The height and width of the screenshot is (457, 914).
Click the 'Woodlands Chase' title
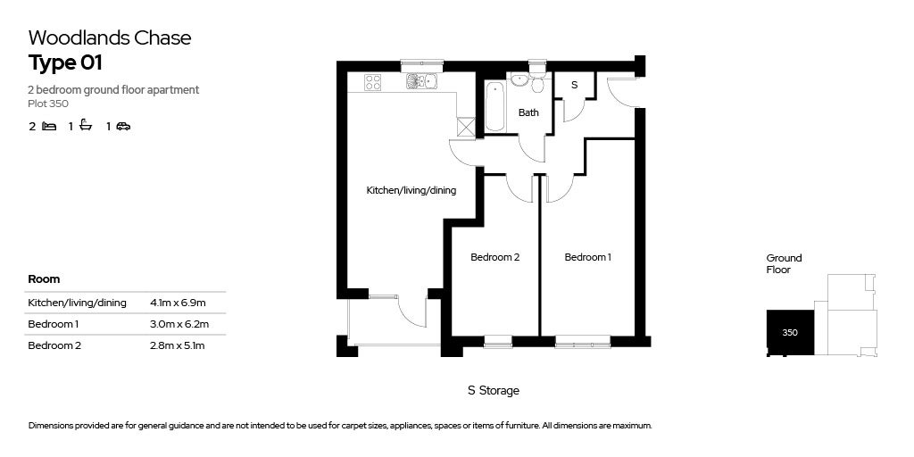click(x=110, y=37)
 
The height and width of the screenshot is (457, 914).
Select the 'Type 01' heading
click(x=65, y=63)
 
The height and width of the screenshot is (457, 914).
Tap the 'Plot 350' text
click(x=48, y=104)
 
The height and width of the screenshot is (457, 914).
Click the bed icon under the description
click(x=49, y=126)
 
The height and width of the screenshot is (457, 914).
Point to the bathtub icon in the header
click(x=86, y=126)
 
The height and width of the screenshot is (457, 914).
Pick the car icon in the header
click(x=123, y=126)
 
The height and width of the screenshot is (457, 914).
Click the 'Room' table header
click(x=44, y=279)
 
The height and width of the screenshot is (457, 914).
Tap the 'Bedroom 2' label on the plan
click(x=495, y=258)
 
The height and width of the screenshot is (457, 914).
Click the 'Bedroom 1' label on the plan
click(x=588, y=258)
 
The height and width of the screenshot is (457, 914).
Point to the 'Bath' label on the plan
click(x=528, y=113)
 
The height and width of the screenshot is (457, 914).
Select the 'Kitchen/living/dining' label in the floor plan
click(x=411, y=190)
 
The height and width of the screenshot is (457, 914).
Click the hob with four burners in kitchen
click(x=373, y=82)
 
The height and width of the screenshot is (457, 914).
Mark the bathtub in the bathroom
click(x=495, y=107)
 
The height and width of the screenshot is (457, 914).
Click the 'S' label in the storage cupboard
click(x=574, y=85)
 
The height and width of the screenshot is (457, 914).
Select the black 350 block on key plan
click(x=790, y=332)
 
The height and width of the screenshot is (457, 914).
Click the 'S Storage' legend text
click(x=493, y=391)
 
